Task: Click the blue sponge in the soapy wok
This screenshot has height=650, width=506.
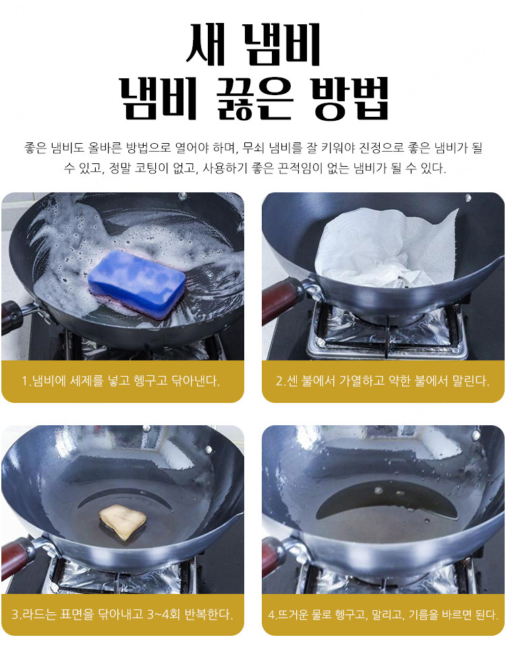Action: pyautogui.click(x=137, y=283)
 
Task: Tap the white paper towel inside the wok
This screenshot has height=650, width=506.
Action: pyautogui.click(x=383, y=248)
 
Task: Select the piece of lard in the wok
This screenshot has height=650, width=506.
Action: pyautogui.click(x=123, y=522)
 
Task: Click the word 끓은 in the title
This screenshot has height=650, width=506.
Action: pyautogui.click(x=254, y=98)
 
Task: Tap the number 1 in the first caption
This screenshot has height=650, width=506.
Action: pyautogui.click(x=25, y=381)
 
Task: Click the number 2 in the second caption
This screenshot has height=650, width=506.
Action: pyautogui.click(x=279, y=381)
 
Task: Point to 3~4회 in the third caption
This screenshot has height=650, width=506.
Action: pyautogui.click(x=163, y=614)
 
